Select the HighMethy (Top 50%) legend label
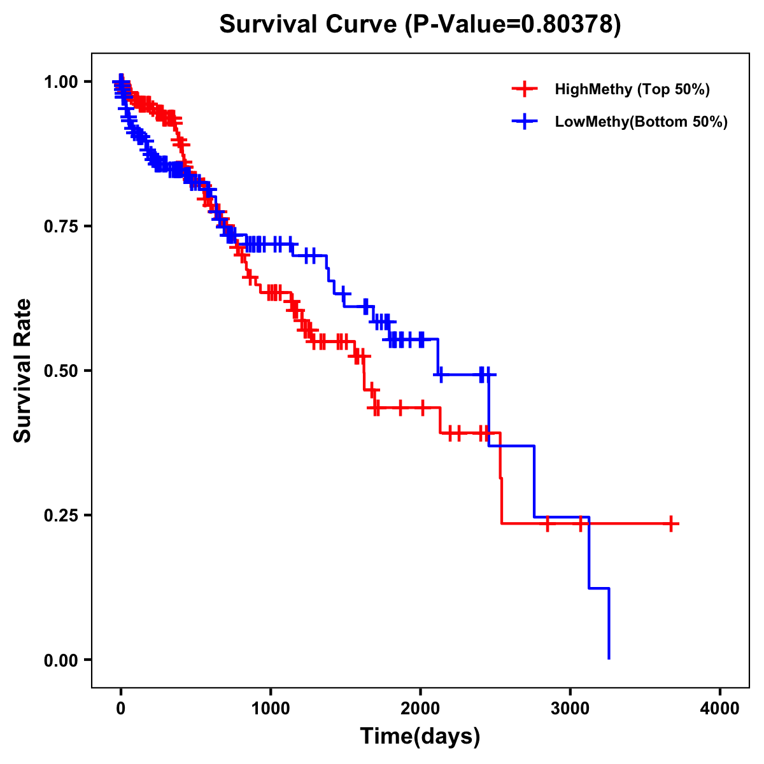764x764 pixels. (x=632, y=89)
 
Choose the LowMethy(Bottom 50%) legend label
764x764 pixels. (x=641, y=122)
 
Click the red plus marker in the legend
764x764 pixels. (x=524, y=89)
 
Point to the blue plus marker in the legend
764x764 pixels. (x=524, y=122)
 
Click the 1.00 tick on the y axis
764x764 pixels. (x=60, y=81)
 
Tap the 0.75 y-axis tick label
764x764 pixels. (x=60, y=226)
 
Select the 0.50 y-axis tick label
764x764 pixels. (x=60, y=371)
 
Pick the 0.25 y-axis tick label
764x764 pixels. (x=60, y=515)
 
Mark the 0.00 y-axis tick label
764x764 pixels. (x=60, y=660)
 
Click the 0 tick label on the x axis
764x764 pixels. (x=121, y=709)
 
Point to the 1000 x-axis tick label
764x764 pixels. (x=271, y=709)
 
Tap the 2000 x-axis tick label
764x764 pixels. (x=420, y=709)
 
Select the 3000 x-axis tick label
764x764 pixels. (x=570, y=709)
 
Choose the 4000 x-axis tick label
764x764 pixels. (x=720, y=709)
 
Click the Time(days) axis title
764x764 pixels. (x=420, y=737)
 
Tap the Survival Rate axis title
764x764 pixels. (x=23, y=371)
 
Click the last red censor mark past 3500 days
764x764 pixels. (x=671, y=523)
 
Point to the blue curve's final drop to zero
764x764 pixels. (x=609, y=624)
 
